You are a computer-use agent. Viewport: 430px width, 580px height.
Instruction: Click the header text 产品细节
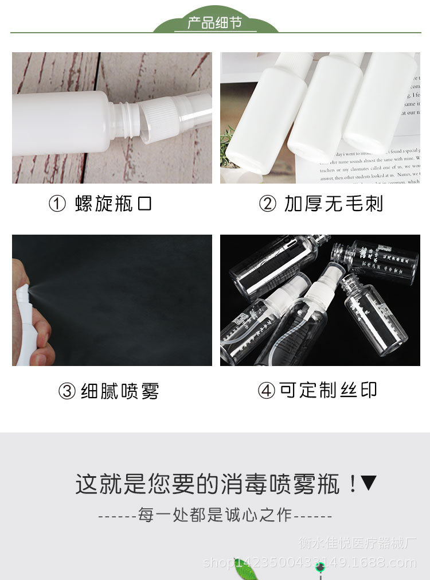pos(215,23)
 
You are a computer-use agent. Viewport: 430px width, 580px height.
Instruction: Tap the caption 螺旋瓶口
pos(114,204)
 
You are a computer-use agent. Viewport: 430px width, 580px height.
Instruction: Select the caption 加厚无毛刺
pos(333,204)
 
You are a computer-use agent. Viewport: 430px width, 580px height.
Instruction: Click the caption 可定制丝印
pos(328,390)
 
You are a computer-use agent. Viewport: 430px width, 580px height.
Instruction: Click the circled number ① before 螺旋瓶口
pos(57,204)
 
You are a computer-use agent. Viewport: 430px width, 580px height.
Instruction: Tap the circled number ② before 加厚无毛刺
pos(268,204)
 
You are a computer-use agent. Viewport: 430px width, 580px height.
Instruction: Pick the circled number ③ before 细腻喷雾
pos(67,392)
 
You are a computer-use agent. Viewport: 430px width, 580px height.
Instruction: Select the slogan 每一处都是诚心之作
pos(215,515)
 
